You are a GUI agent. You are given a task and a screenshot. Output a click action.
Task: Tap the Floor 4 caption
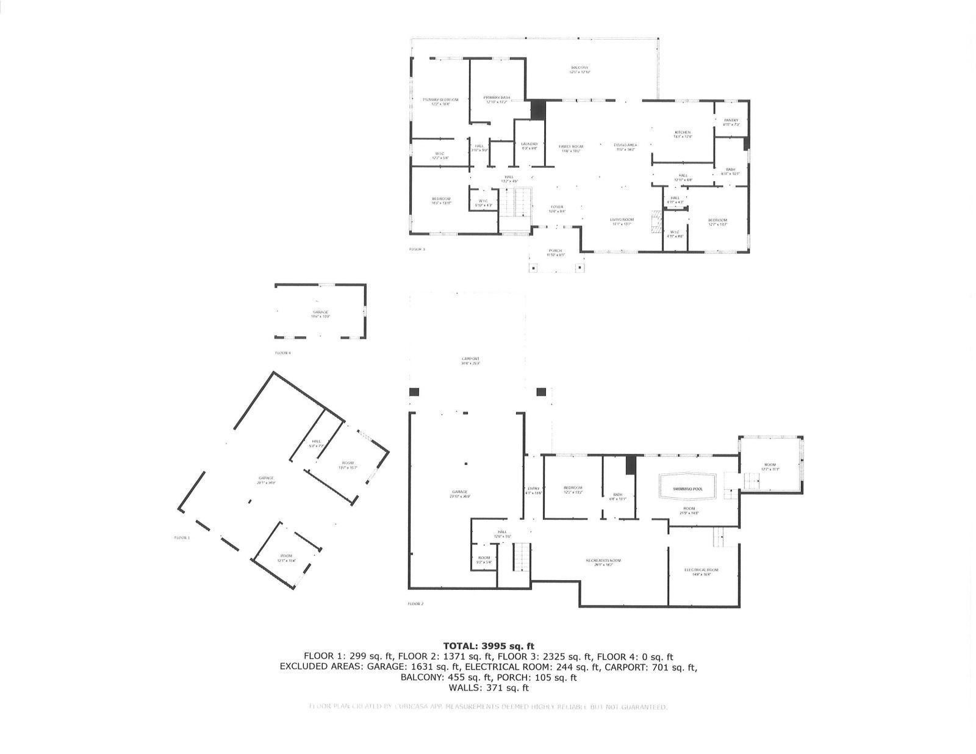[x=283, y=353]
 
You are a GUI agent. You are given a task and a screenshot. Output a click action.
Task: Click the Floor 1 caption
[x=182, y=537]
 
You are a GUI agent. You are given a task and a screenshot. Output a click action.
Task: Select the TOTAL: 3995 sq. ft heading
[x=488, y=645]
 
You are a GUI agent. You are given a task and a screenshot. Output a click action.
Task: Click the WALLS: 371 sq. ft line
[x=488, y=688]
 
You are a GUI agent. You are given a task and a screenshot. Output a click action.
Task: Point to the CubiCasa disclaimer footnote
[x=488, y=706]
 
